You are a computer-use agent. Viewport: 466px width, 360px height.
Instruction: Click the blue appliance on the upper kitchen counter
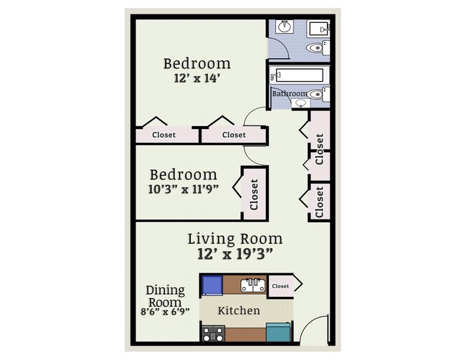point(212,285)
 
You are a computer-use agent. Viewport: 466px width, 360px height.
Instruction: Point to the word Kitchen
point(238,311)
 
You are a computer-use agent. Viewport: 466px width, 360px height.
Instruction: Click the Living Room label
point(234,239)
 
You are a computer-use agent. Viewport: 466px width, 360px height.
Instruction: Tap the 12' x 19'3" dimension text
point(235,254)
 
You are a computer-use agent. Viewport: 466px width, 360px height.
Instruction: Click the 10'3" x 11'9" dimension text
point(183,190)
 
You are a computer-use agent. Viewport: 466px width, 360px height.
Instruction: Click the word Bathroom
point(289,94)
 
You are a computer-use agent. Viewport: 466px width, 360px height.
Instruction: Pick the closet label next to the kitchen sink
point(281,286)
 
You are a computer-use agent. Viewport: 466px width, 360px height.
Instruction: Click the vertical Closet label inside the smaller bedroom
point(254,194)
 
